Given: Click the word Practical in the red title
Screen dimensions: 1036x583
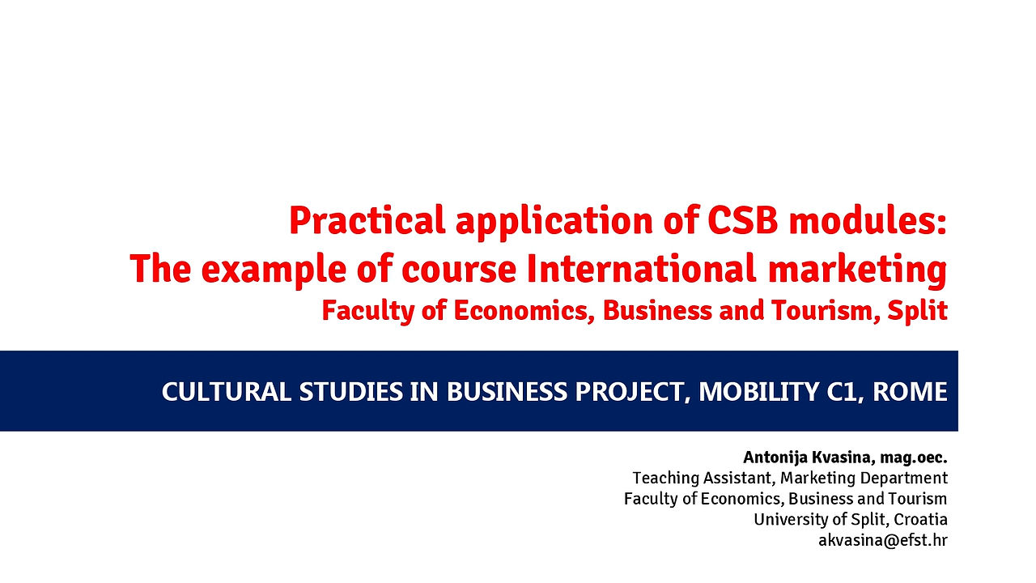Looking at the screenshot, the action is coord(367,221).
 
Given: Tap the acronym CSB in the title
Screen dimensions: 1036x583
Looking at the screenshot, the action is coord(742,221).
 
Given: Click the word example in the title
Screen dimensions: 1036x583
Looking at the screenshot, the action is coord(274,271).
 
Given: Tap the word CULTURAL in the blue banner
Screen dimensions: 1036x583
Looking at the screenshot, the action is coord(227,391).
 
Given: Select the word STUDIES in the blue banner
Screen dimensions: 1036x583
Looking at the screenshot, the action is coord(351,391).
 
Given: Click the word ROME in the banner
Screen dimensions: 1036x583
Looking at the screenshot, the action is coord(910,391).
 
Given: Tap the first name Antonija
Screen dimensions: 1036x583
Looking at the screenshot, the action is coord(775,457).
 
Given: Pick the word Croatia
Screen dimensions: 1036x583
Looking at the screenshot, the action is coord(920,520).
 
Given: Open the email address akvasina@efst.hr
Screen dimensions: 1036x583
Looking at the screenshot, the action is coord(883,540).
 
